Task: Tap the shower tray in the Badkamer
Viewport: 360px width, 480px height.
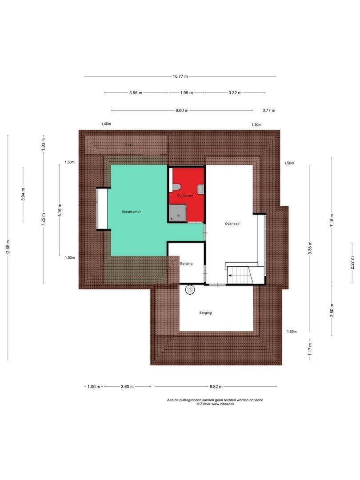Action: tap(178, 213)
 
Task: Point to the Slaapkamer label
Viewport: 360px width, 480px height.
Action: tap(131, 212)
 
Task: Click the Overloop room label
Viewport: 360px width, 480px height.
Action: tap(232, 224)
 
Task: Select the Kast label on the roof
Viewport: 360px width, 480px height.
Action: tap(129, 144)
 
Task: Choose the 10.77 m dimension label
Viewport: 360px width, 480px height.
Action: tap(180, 76)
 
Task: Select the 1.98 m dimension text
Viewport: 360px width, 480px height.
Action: tap(187, 93)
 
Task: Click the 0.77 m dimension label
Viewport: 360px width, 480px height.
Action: tap(268, 110)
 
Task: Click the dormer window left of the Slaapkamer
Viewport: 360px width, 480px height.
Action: tap(102, 209)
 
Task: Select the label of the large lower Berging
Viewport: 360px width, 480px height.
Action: tap(205, 313)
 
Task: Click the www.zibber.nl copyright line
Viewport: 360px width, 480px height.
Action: tap(215, 404)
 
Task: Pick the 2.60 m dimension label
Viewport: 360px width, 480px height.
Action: tap(127, 387)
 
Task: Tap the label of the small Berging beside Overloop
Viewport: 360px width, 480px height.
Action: tap(186, 264)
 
